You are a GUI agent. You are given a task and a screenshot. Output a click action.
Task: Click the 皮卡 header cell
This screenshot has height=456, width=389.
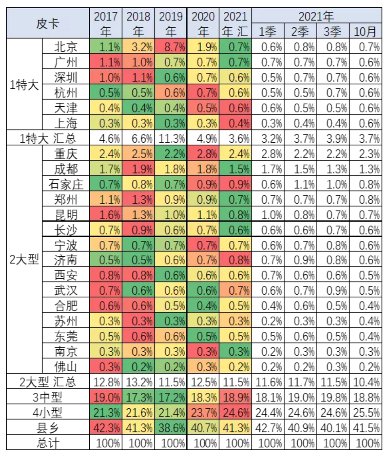[48, 24]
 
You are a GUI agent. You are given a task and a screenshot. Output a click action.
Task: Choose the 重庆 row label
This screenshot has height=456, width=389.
[66, 154]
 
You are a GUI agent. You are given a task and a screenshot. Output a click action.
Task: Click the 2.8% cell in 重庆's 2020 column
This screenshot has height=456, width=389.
[203, 154]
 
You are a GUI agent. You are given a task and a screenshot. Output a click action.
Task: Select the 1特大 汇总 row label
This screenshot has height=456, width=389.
[48, 139]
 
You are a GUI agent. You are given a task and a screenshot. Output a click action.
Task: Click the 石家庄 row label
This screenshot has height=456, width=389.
[66, 184]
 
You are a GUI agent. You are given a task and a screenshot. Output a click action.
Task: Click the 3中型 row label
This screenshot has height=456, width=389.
[48, 398]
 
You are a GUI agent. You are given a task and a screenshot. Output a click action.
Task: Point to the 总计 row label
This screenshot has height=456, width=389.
[48, 443]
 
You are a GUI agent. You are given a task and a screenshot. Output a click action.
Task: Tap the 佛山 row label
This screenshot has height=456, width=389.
[66, 366]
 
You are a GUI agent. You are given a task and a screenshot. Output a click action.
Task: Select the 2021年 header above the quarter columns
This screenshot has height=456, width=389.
[316, 16]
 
